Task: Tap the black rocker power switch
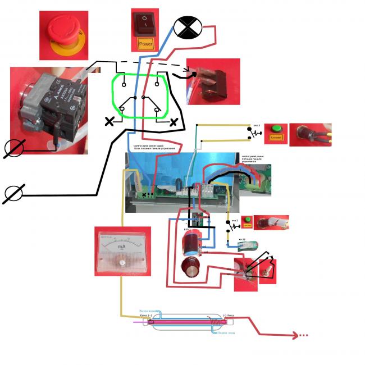[x=145, y=22]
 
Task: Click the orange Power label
[x=145, y=43]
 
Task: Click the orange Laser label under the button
[x=275, y=137]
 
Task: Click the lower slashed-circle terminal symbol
[x=13, y=194]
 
